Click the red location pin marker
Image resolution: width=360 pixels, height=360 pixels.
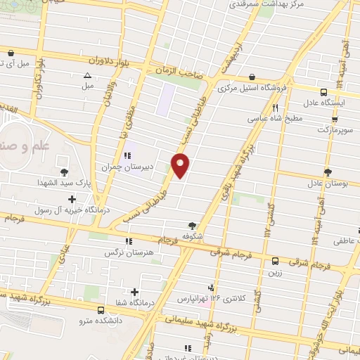coord(181,165)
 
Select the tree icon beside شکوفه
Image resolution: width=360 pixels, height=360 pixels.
coord(192,226)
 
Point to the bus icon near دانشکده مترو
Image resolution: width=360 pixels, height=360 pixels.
coord(101,309)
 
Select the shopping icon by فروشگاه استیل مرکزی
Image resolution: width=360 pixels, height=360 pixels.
coord(252,78)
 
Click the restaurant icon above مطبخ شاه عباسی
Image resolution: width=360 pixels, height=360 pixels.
coord(276,108)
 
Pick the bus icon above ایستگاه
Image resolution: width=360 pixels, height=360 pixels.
coord(323,92)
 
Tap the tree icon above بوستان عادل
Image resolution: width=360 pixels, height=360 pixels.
coord(328,172)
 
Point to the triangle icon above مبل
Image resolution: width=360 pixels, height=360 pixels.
coord(87,75)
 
